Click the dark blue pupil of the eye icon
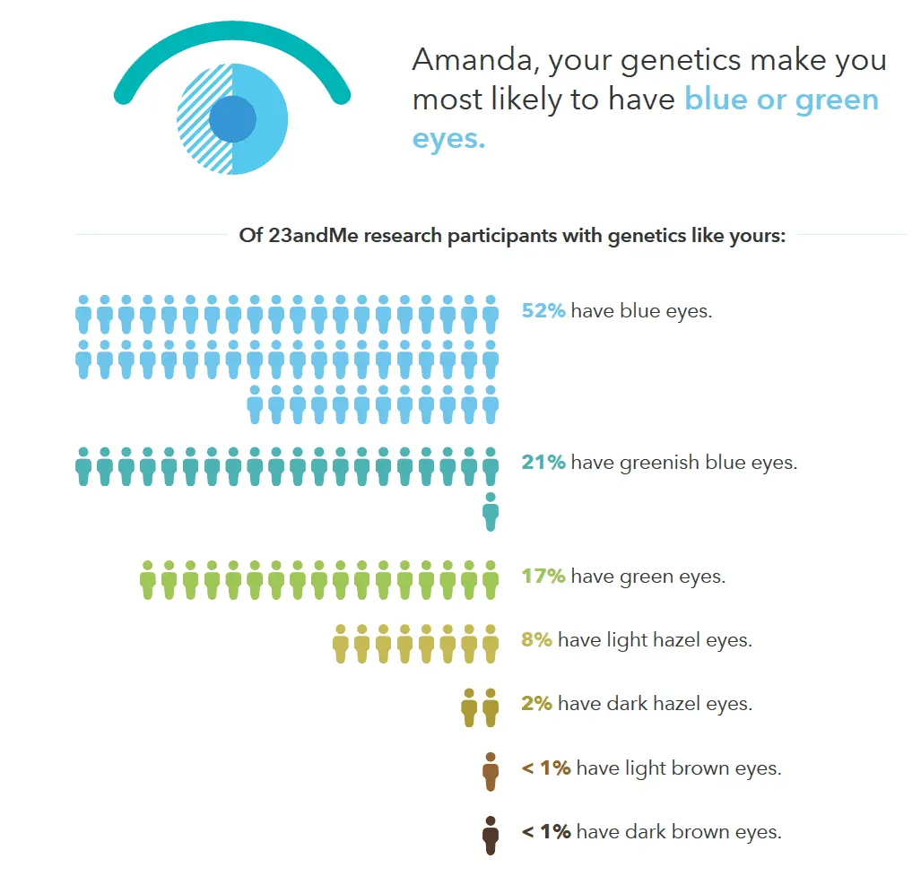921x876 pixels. tap(232, 118)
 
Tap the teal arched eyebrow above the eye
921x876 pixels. tap(232, 32)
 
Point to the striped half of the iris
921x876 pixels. tap(204, 118)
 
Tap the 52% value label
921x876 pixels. tap(543, 310)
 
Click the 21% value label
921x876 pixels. tap(543, 462)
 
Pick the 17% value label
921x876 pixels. tap(543, 576)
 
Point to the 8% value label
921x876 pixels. tap(537, 639)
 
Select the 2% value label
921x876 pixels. tap(537, 703)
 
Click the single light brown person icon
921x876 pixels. tap(491, 771)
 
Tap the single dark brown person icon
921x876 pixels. tap(491, 836)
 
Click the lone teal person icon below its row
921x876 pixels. tap(491, 512)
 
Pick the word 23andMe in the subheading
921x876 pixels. tap(312, 236)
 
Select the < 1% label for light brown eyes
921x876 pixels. tap(546, 768)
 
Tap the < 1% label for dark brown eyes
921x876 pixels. tap(546, 831)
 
